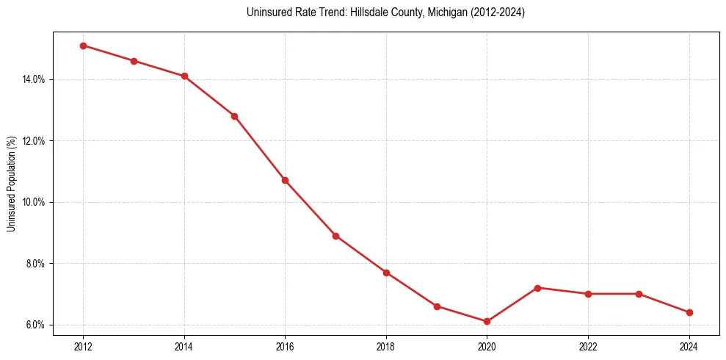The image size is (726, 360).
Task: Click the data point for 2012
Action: coord(83,46)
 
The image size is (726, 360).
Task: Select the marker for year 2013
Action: coord(134,61)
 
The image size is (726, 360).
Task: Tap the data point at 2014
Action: coord(184,76)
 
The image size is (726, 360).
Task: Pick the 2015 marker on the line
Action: coord(234,116)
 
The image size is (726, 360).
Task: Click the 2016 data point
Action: coord(285,180)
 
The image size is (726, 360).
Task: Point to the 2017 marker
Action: coord(335,236)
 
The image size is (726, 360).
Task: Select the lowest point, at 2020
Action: coord(487,321)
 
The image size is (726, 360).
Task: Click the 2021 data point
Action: coord(537,288)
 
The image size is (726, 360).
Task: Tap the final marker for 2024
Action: coord(689,312)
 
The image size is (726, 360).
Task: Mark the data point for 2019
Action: coord(437,306)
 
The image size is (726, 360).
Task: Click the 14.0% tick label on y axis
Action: coord(35,79)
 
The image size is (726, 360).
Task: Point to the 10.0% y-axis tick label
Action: coord(35,202)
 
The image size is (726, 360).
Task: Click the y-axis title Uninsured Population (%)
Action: coord(12,184)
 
